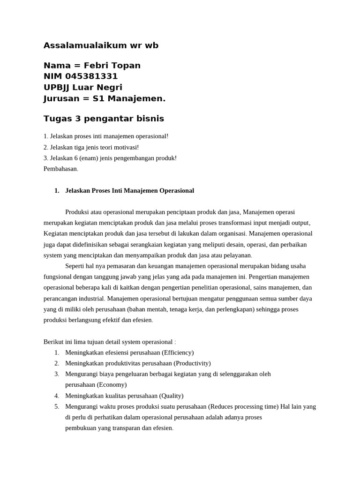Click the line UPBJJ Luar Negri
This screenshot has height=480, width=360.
pos(83,87)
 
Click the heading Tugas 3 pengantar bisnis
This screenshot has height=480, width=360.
pos(104,119)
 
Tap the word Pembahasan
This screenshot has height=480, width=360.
pos(61,169)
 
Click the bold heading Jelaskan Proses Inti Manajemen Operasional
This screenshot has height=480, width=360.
pos(129,191)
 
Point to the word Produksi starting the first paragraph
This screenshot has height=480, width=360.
pos(78,212)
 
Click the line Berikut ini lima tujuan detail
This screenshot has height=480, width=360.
pos(110,342)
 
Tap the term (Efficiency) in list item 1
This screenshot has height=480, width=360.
pos(178,352)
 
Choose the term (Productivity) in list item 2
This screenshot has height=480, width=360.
pos(192,363)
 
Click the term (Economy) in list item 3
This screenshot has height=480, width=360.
pos(112,385)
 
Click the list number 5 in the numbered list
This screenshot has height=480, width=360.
pos(56,406)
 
